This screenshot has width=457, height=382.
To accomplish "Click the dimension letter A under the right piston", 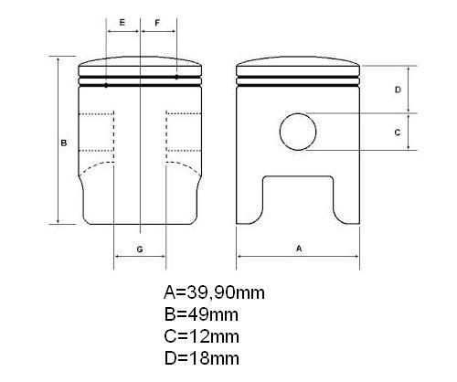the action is tap(299, 249).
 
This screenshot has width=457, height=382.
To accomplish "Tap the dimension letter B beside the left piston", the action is tap(64, 143).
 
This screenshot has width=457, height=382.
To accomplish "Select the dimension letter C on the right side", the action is tap(398, 133).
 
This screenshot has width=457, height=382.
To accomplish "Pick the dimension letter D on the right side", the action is tap(398, 90).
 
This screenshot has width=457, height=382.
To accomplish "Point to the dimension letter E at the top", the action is tap(122, 23).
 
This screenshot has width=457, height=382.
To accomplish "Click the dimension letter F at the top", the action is tap(157, 23).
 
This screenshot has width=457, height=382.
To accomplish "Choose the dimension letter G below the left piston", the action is tap(140, 249).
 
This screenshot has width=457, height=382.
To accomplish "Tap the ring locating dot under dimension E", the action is tap(106, 86).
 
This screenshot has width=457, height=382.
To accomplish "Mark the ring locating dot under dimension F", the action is tap(176, 77).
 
